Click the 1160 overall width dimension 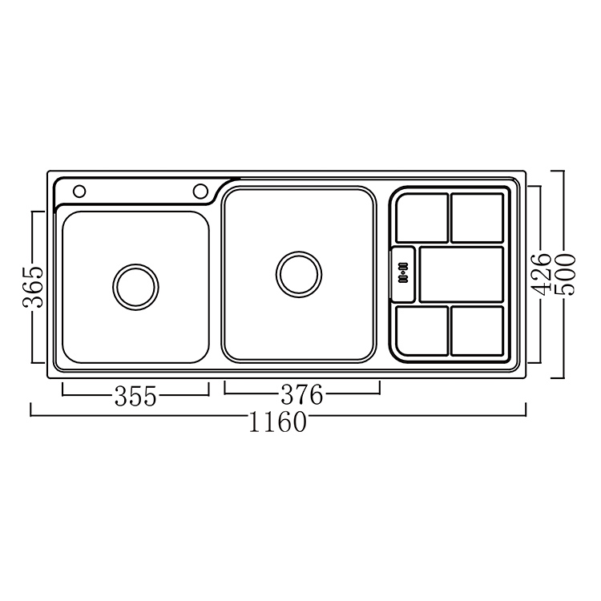pos(278,422)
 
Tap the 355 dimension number pos(135,396)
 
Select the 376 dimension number pos(302,395)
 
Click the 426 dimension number pos(540,275)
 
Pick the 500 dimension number pos(566,274)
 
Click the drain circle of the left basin pos(135,287)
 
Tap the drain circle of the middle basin pos(299,274)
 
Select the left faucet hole pos(79,192)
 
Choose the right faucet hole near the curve pos(200,192)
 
